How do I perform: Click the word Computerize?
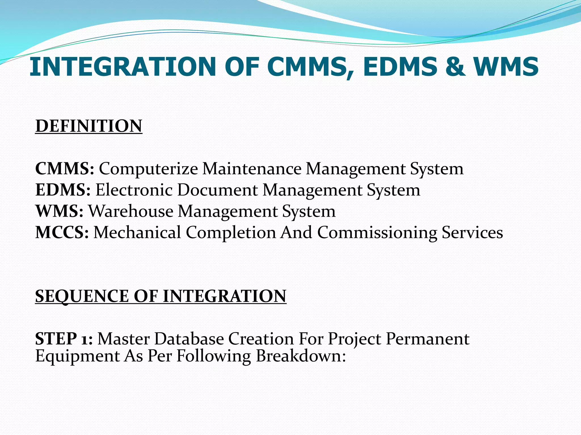coord(148,169)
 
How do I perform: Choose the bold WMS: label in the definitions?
coord(59,211)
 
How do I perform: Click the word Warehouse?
coord(131,211)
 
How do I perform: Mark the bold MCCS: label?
coord(62,233)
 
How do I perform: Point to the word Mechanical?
coord(137,233)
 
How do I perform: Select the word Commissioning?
coord(377,233)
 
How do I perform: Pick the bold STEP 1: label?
coord(64,339)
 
